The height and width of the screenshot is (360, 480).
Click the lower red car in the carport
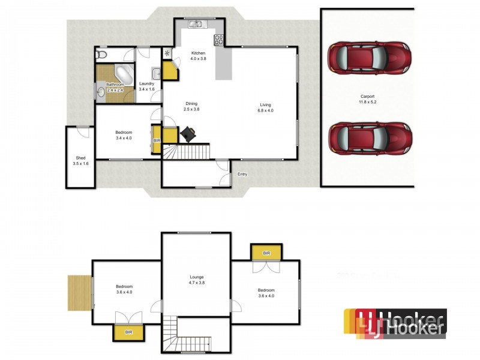coord(369,139)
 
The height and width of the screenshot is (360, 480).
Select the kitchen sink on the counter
coord(196,25)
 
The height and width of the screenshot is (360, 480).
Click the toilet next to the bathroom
coord(101,55)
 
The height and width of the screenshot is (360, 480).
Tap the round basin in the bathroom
coord(100,92)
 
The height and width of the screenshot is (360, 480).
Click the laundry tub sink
coord(155,74)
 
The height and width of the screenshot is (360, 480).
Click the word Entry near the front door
coord(242,175)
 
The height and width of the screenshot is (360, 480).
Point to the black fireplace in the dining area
coord(187,133)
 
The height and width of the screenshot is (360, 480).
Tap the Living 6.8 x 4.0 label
coord(265,107)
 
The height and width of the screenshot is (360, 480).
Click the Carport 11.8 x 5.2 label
coord(369,99)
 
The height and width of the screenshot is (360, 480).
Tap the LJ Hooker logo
coord(395,323)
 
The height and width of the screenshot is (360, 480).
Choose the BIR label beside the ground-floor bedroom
coord(157,140)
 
